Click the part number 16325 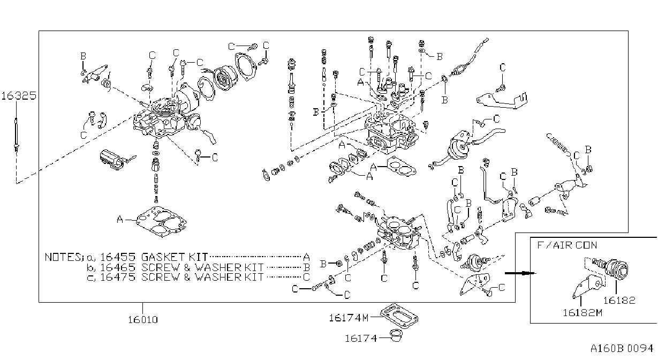(x=19, y=96)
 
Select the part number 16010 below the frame (x=143, y=320)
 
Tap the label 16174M (x=349, y=318)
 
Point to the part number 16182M (x=582, y=313)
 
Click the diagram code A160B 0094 (x=622, y=349)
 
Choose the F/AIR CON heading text (x=567, y=245)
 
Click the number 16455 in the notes (x=117, y=257)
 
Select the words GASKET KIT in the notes (x=174, y=257)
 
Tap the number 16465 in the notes (x=117, y=267)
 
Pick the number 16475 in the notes (x=117, y=277)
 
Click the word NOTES (x=62, y=257)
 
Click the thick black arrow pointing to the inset (x=520, y=273)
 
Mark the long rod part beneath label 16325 (x=16, y=135)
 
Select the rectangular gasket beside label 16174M (x=399, y=317)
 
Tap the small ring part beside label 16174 (x=396, y=336)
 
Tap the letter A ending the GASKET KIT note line (x=306, y=258)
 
